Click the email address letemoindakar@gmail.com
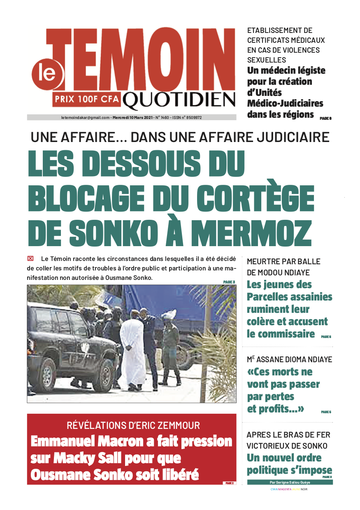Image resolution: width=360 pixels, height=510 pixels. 85,118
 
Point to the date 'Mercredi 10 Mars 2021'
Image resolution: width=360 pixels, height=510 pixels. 132,118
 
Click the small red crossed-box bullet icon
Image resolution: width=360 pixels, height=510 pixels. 30,259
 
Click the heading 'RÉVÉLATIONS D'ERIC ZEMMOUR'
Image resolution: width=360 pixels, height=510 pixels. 131,426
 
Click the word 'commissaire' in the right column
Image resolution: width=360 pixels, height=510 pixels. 281,334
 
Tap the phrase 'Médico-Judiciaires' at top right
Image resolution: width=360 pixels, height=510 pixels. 285,103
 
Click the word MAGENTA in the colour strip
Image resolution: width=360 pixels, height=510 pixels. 284,489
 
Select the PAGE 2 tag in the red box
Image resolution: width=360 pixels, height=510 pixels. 230,483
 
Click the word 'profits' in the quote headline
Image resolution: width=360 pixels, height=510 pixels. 280,409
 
